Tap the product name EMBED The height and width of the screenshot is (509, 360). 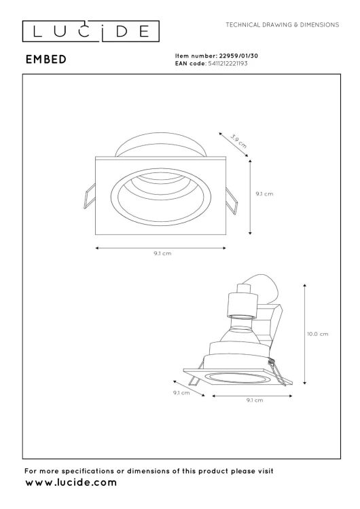(x=46, y=59)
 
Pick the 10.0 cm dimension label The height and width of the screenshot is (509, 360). (x=319, y=334)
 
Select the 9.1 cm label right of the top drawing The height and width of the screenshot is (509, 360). (x=264, y=194)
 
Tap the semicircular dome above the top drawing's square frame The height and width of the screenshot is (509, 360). (x=160, y=145)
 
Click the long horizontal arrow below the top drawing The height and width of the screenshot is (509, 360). (x=162, y=248)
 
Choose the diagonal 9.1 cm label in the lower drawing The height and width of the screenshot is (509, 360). (x=181, y=392)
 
